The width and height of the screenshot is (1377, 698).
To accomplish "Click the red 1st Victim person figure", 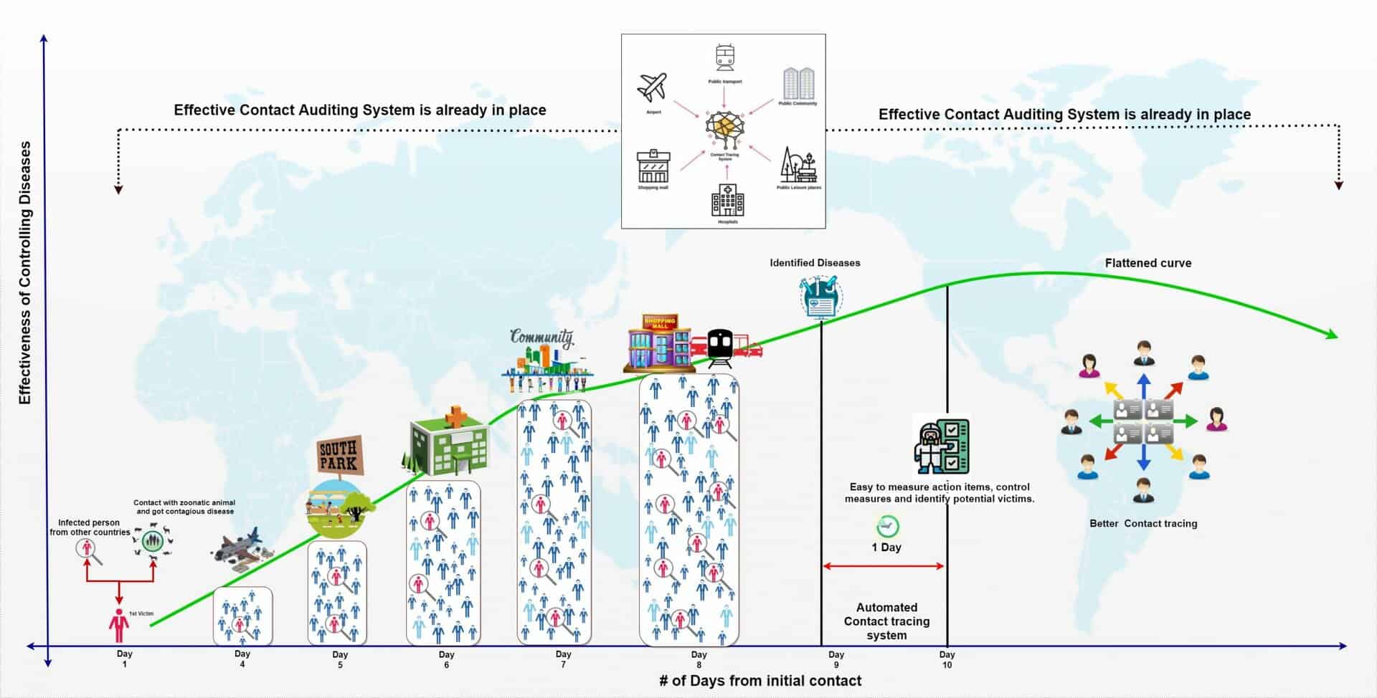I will point(119,626).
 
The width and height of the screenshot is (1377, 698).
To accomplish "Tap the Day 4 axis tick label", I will point(242,659).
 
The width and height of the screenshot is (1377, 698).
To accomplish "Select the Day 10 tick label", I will point(947,659).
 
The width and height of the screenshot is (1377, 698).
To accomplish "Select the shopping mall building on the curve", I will point(658,343).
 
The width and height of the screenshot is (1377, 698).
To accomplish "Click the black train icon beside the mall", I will point(720,347).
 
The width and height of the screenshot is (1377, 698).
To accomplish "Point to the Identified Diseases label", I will point(815,263).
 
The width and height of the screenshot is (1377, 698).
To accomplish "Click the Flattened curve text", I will point(1147,263).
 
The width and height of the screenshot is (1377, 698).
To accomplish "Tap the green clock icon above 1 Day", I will point(888,526).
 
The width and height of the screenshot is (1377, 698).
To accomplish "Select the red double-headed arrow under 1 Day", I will point(884,566).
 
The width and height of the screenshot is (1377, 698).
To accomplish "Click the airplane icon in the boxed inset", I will point(653,88).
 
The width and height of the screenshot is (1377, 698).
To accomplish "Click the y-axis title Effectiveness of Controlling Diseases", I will point(25,272).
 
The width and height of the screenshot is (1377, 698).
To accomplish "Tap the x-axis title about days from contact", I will point(760,681).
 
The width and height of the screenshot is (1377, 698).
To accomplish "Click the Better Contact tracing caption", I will point(1143,524).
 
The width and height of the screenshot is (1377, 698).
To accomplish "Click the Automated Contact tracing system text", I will point(886,621).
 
